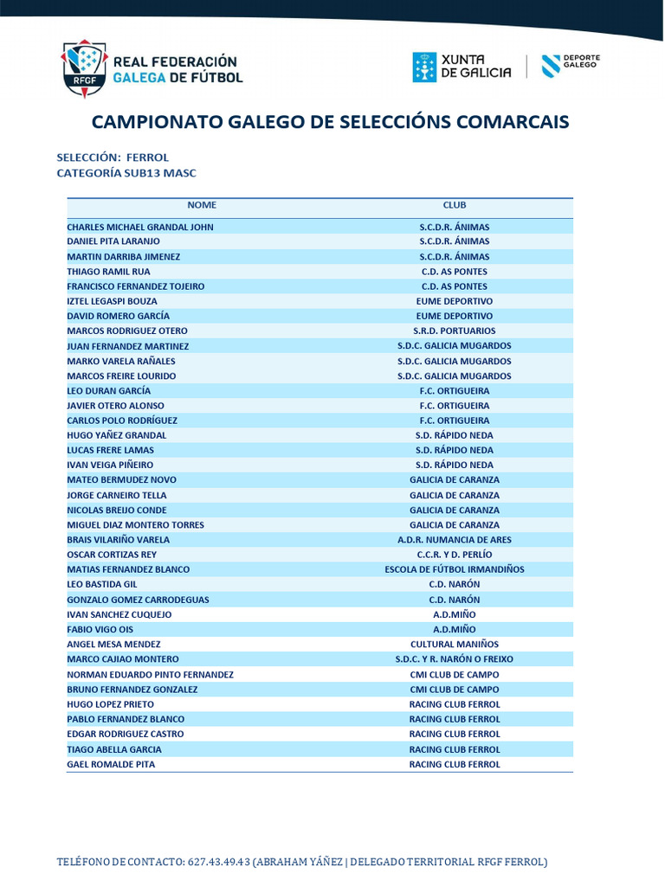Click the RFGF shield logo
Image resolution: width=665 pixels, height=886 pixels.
[x=83, y=67]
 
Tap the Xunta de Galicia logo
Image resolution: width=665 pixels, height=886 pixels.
[x=462, y=67]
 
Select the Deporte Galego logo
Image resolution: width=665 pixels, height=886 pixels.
[x=571, y=66]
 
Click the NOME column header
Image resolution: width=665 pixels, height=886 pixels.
[x=202, y=205]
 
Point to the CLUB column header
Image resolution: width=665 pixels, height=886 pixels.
[x=455, y=205]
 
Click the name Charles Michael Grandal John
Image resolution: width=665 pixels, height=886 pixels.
[x=140, y=227]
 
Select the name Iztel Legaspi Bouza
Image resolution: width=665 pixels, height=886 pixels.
[x=113, y=301]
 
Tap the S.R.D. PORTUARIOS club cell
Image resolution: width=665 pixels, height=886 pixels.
[x=455, y=331]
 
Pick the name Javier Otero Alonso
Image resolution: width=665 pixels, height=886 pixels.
[x=116, y=405]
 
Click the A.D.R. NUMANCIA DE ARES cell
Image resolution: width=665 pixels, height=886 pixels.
[x=455, y=539]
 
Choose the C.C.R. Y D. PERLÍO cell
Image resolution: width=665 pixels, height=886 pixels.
[x=455, y=554]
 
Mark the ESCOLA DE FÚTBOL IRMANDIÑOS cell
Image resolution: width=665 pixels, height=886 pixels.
[x=455, y=569]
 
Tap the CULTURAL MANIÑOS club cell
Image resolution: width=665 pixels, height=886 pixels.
[x=455, y=644]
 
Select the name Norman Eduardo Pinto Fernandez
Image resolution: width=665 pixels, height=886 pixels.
[x=151, y=674]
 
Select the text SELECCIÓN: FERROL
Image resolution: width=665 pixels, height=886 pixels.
[x=113, y=157]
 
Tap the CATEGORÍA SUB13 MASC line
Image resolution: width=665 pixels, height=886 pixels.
[x=126, y=173]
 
